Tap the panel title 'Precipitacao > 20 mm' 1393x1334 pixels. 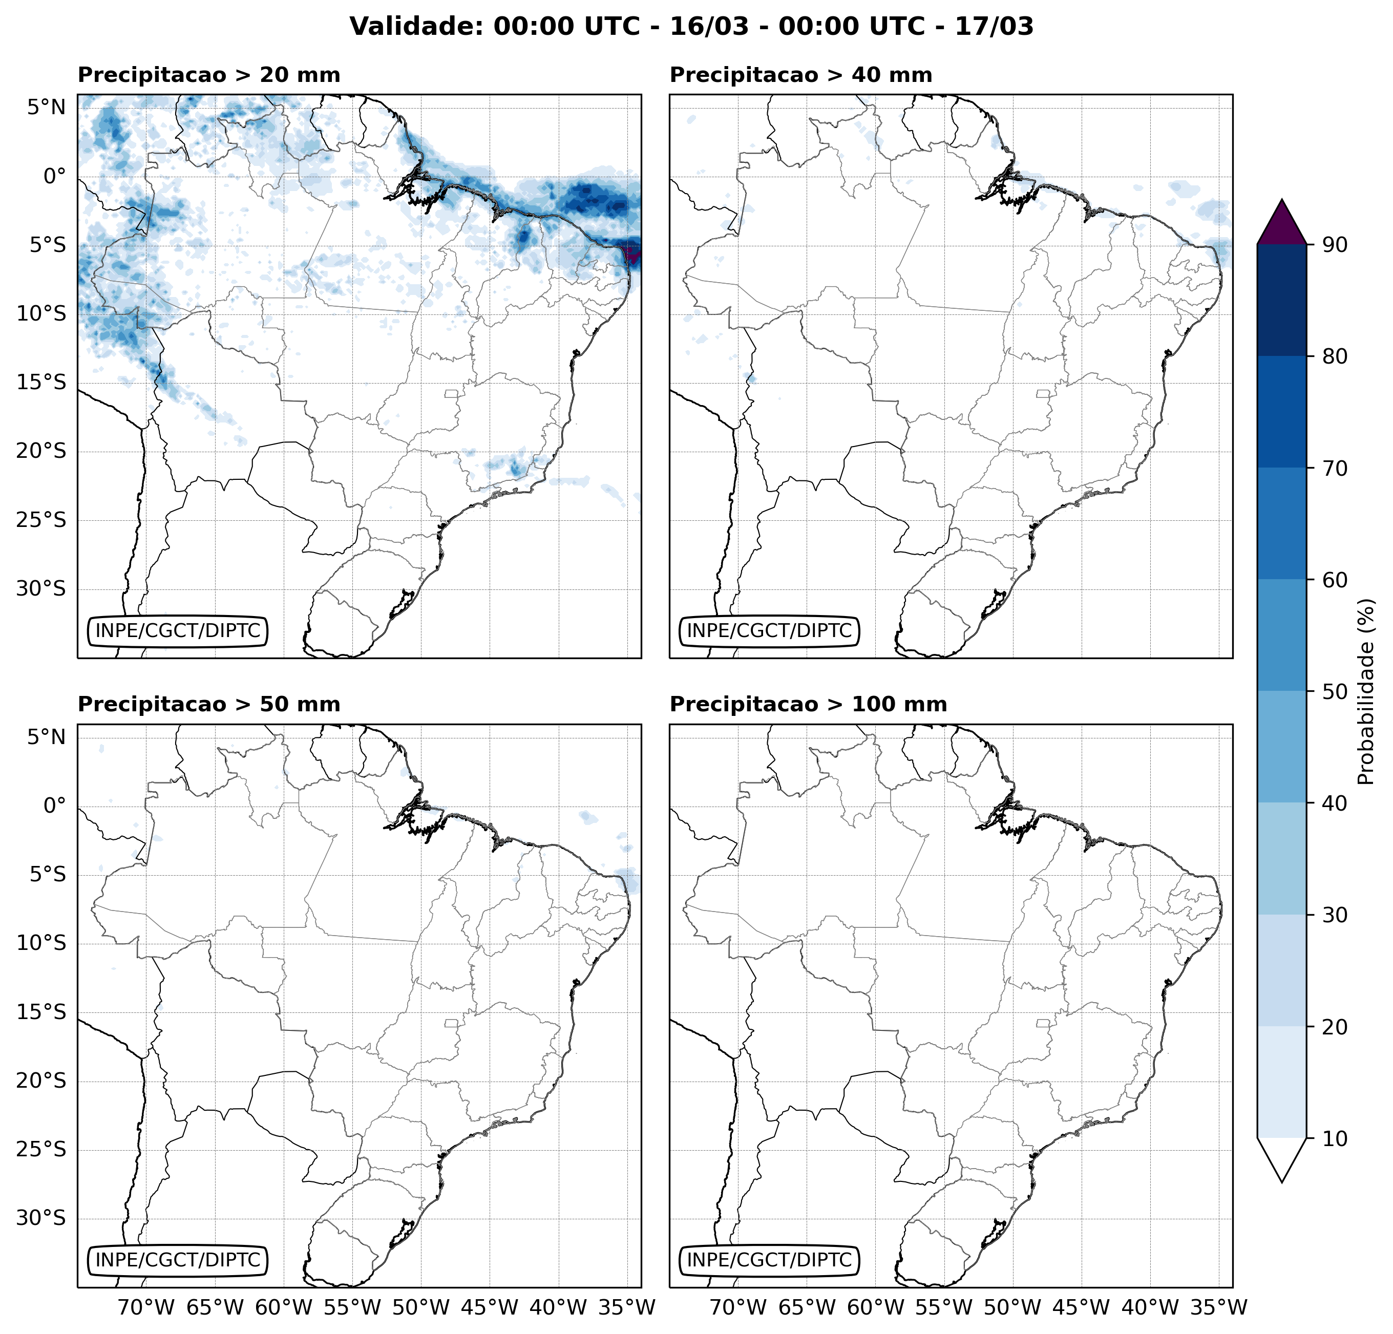(x=208, y=75)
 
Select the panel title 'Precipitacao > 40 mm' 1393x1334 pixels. (x=800, y=75)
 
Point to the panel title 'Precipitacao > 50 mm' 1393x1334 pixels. (x=208, y=704)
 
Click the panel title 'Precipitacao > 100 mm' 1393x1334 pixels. (x=808, y=704)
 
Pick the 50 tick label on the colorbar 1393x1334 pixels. (x=1335, y=691)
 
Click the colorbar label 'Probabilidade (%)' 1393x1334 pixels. (x=1366, y=691)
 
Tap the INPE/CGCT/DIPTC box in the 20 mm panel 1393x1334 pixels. (x=178, y=630)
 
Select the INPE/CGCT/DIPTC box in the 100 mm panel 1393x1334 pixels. (x=769, y=1260)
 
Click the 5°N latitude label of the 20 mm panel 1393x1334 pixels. (x=46, y=108)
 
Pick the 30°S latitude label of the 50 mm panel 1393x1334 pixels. (x=40, y=1218)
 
